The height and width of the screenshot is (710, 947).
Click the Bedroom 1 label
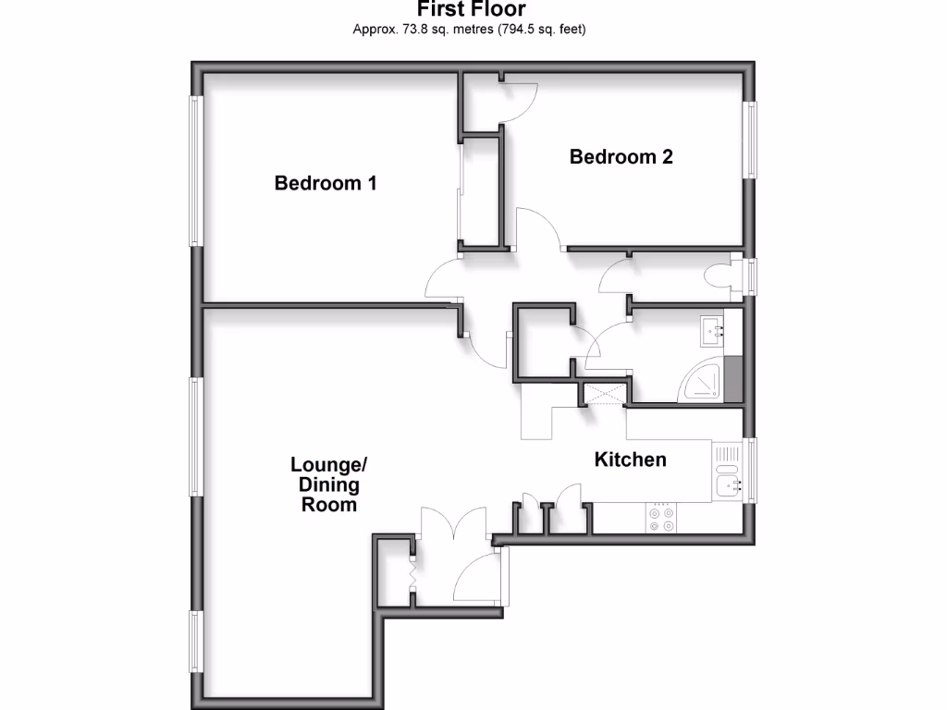(326, 183)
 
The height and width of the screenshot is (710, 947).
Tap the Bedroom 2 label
(621, 156)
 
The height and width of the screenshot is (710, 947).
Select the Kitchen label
(630, 459)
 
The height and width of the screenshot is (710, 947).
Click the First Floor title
(472, 10)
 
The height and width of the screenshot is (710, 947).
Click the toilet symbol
(718, 276)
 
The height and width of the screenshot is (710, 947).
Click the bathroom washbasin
(713, 327)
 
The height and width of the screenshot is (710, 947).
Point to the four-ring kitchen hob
(662, 518)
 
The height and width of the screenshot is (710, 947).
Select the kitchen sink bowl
(727, 484)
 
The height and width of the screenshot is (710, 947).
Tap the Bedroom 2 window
(752, 139)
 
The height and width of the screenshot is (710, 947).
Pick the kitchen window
(752, 470)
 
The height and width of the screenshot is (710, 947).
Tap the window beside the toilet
(752, 276)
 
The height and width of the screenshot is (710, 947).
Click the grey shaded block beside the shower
(733, 379)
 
